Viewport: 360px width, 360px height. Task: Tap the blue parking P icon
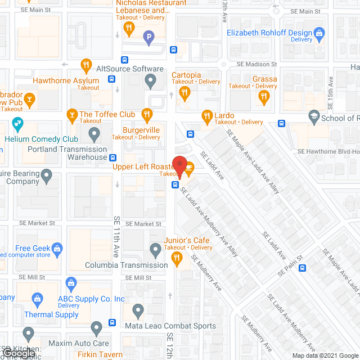point(148,38)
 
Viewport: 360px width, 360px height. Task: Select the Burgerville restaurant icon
point(147,116)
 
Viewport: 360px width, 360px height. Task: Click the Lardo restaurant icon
point(206,116)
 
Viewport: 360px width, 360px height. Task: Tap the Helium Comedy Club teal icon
point(17,123)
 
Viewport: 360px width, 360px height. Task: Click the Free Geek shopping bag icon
point(57,247)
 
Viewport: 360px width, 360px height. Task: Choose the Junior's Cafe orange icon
point(177,259)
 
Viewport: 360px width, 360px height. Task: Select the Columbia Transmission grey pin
point(156,249)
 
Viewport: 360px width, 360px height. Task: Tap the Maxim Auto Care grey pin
point(96,327)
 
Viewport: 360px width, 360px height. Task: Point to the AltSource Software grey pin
point(150,82)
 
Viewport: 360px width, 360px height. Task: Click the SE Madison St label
point(256,65)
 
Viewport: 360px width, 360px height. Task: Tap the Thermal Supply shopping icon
point(37,298)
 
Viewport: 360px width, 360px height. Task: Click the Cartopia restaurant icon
point(185,93)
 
